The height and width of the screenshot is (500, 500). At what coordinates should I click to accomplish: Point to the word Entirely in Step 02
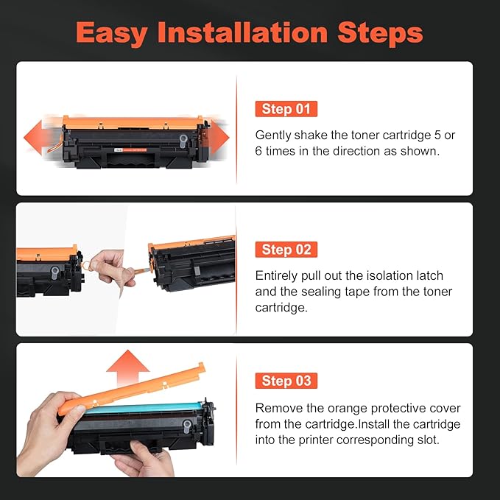[276, 275]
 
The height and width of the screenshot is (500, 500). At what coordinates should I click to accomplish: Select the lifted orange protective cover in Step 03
[133, 390]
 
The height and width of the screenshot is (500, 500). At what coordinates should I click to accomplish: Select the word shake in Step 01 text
[314, 135]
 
